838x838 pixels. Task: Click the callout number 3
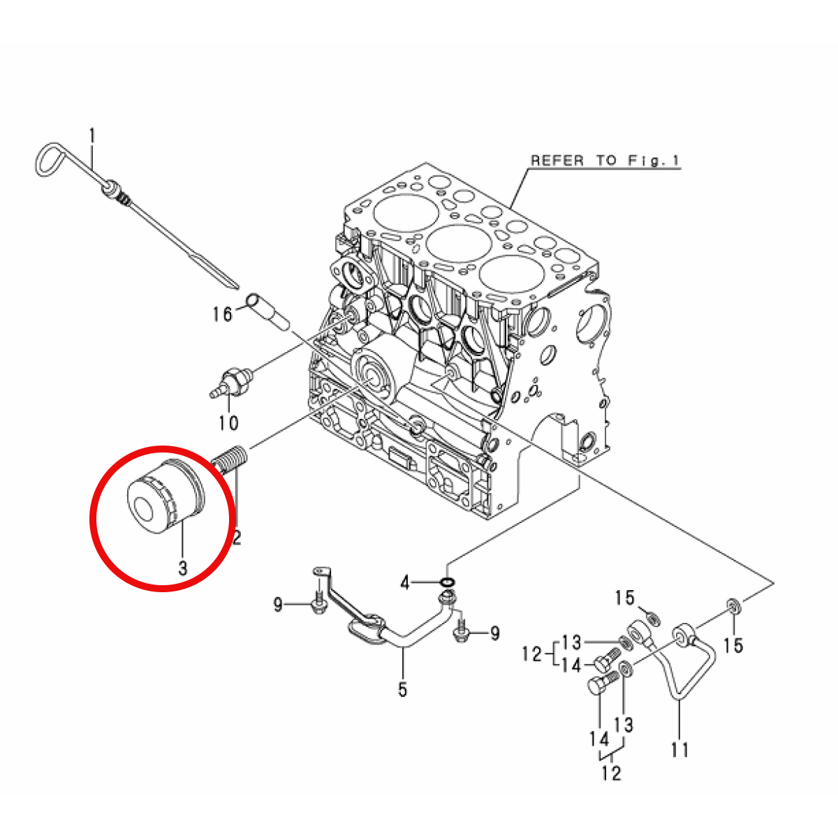point(183,568)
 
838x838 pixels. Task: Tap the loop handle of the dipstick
point(51,159)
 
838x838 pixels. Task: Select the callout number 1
point(91,135)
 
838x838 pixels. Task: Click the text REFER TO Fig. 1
point(605,161)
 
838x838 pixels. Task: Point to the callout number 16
point(222,314)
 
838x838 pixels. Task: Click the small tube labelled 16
point(267,312)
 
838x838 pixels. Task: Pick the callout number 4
point(405,582)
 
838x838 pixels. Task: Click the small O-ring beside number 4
point(448,582)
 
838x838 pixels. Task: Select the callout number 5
point(403,689)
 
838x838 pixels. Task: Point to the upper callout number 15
point(624,598)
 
